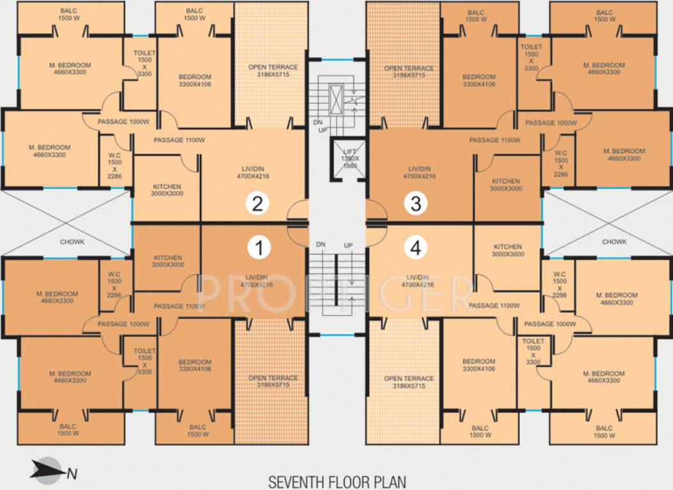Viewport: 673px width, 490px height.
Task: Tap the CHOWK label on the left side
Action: [73, 242]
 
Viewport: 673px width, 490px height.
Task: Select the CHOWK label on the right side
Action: [614, 242]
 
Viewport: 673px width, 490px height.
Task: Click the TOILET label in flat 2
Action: [144, 47]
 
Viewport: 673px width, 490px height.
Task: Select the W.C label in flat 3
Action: [561, 153]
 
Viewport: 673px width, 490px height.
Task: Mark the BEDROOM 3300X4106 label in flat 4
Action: [478, 361]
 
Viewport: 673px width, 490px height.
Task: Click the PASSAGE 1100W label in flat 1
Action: [179, 306]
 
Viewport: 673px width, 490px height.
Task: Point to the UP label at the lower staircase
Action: [348, 245]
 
